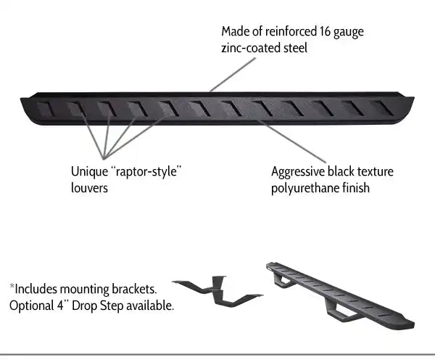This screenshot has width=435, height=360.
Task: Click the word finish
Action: pos(353,189)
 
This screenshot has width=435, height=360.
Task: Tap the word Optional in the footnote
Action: pos(32,305)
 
